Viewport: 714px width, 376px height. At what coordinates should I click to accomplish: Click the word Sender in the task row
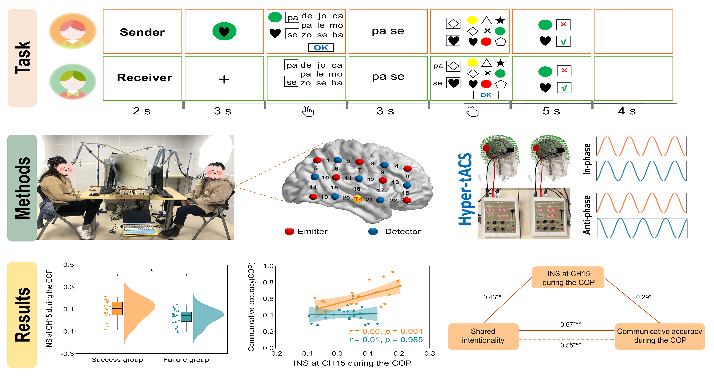(142, 32)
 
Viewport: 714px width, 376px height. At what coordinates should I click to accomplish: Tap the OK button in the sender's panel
(321, 48)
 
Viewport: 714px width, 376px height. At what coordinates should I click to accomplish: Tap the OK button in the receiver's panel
(486, 95)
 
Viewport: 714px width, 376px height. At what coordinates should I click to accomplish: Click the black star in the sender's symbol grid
(500, 20)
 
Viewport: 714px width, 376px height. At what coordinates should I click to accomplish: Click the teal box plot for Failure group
(186, 317)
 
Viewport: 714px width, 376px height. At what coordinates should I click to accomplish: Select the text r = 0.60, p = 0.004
(386, 331)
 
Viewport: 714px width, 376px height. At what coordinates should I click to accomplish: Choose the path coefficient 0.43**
(492, 297)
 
